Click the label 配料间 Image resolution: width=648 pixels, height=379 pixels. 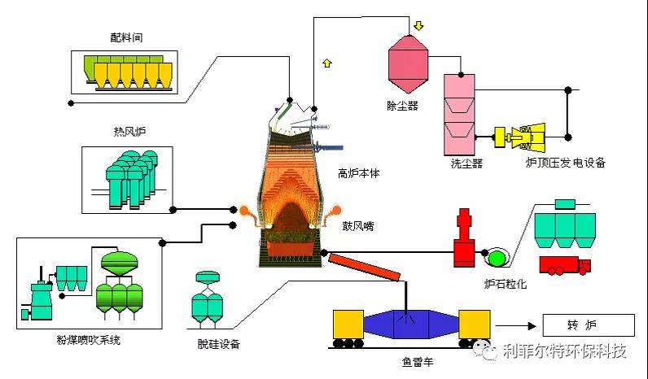(127, 37)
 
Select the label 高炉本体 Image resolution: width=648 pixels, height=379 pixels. (359, 173)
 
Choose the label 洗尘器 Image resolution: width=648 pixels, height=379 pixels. (466, 163)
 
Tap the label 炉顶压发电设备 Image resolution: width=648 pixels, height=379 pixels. (566, 163)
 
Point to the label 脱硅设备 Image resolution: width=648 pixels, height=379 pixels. (219, 343)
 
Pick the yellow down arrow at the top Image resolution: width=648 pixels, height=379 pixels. (418, 25)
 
